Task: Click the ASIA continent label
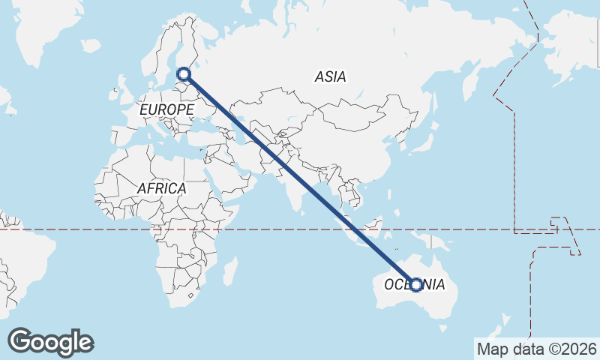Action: (x=330, y=76)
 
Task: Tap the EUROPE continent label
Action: (x=166, y=109)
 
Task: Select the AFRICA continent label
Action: (x=161, y=188)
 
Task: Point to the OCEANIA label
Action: (x=414, y=285)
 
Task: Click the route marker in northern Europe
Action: (x=184, y=73)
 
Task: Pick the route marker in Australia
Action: (x=416, y=284)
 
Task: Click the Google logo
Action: (x=50, y=341)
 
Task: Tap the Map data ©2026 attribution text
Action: (x=536, y=349)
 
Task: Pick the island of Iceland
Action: (x=90, y=46)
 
